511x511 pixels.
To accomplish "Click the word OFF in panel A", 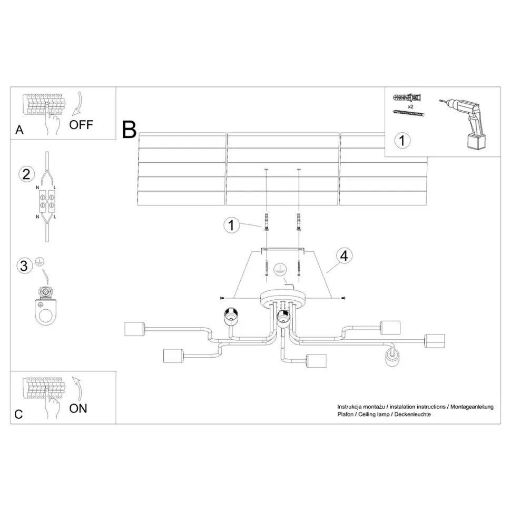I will coord(81,125).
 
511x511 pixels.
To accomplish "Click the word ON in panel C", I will coord(78,408).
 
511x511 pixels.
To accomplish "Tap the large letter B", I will coord(129,130).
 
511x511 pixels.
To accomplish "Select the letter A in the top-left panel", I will coord(19,130).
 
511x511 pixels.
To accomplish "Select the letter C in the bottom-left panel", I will coord(19,414).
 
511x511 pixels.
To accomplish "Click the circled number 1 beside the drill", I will coord(402,141).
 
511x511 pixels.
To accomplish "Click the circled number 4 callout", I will coord(343,256).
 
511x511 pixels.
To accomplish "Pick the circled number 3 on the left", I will coord(23,266).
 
